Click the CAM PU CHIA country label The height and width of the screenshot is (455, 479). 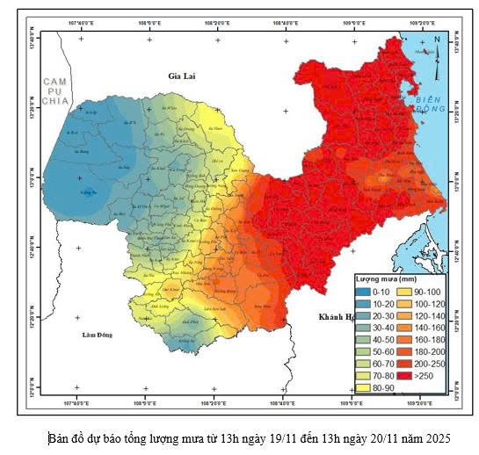(55, 90)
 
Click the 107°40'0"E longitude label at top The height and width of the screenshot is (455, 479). (81, 23)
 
